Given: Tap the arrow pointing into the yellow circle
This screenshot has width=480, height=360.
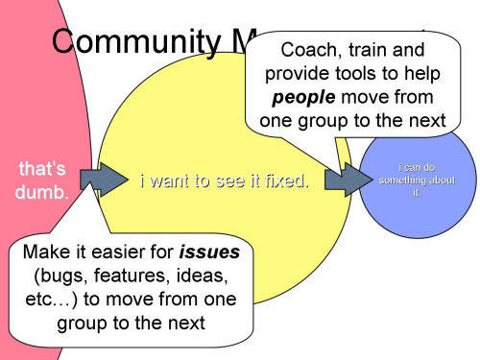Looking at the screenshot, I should (x=104, y=178).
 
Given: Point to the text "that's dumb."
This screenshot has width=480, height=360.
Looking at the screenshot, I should (x=43, y=180).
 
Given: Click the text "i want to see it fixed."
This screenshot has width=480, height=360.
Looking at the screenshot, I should (x=225, y=180).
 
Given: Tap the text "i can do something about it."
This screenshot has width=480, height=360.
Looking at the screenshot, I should (x=417, y=180).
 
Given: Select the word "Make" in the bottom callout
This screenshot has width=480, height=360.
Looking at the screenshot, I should (x=43, y=252).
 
